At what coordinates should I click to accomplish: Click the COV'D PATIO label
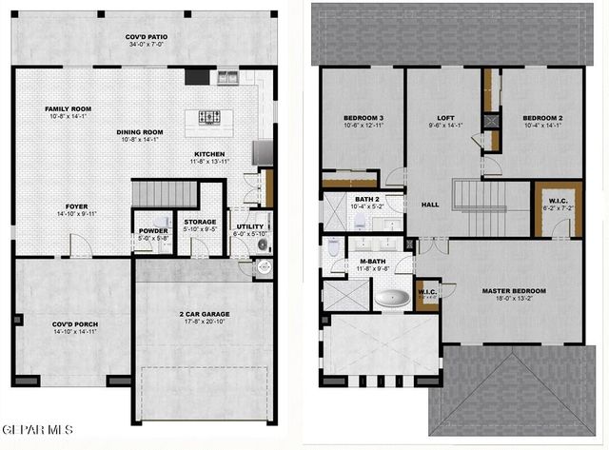pyautogui.click(x=146, y=39)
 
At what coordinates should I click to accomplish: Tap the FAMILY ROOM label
pyautogui.click(x=68, y=109)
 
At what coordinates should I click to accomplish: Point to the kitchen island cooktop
pyautogui.click(x=210, y=117)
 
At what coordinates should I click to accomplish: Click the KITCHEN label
pyautogui.click(x=209, y=153)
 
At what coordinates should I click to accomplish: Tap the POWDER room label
pyautogui.click(x=153, y=230)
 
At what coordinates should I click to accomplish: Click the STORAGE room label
pyautogui.click(x=200, y=222)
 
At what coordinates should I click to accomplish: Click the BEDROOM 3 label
pyautogui.click(x=363, y=118)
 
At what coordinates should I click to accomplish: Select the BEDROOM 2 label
pyautogui.click(x=541, y=118)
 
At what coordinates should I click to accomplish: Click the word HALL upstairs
pyautogui.click(x=430, y=205)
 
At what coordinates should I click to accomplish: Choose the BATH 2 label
pyautogui.click(x=366, y=200)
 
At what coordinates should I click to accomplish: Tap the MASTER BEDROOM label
pyautogui.click(x=515, y=290)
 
